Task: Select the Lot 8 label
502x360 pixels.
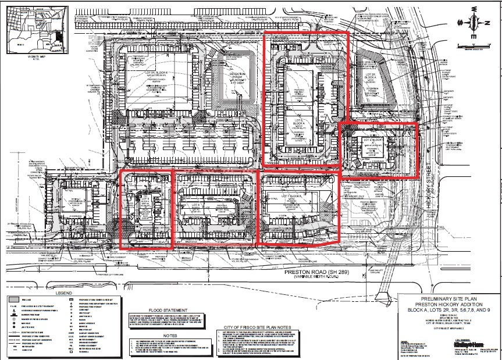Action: pyautogui.click(x=195, y=205)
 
